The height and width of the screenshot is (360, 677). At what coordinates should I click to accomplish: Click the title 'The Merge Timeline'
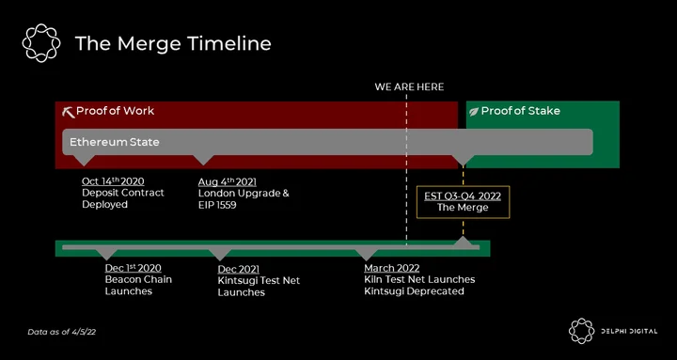(173, 43)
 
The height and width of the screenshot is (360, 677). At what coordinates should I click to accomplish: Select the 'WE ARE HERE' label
(409, 86)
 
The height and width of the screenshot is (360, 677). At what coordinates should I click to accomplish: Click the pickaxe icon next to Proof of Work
(69, 112)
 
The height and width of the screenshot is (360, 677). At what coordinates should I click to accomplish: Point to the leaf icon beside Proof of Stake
(474, 112)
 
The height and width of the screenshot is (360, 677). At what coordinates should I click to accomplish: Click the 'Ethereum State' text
(115, 142)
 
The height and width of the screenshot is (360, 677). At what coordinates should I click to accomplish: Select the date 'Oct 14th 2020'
(113, 181)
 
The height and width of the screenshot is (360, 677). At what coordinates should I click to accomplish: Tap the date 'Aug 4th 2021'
(228, 181)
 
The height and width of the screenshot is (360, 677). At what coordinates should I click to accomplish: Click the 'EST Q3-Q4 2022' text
(463, 196)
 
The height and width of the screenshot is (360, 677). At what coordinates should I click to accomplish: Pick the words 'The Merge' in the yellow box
(463, 207)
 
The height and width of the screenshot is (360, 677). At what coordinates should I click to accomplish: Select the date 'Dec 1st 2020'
(133, 268)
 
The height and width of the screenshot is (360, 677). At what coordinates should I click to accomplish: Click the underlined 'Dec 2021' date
(238, 270)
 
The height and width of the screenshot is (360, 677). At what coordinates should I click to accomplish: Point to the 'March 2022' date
(391, 268)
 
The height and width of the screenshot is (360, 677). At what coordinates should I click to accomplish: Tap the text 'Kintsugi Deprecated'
(414, 291)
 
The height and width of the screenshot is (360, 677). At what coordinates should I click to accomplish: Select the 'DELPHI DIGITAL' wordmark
(629, 331)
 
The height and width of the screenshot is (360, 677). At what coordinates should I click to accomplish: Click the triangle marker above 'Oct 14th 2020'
(85, 160)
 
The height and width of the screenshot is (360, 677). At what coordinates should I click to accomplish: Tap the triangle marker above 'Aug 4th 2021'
(203, 160)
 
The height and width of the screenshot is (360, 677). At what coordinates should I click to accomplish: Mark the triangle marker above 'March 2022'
(366, 255)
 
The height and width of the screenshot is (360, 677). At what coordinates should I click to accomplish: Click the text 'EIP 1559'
(217, 205)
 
